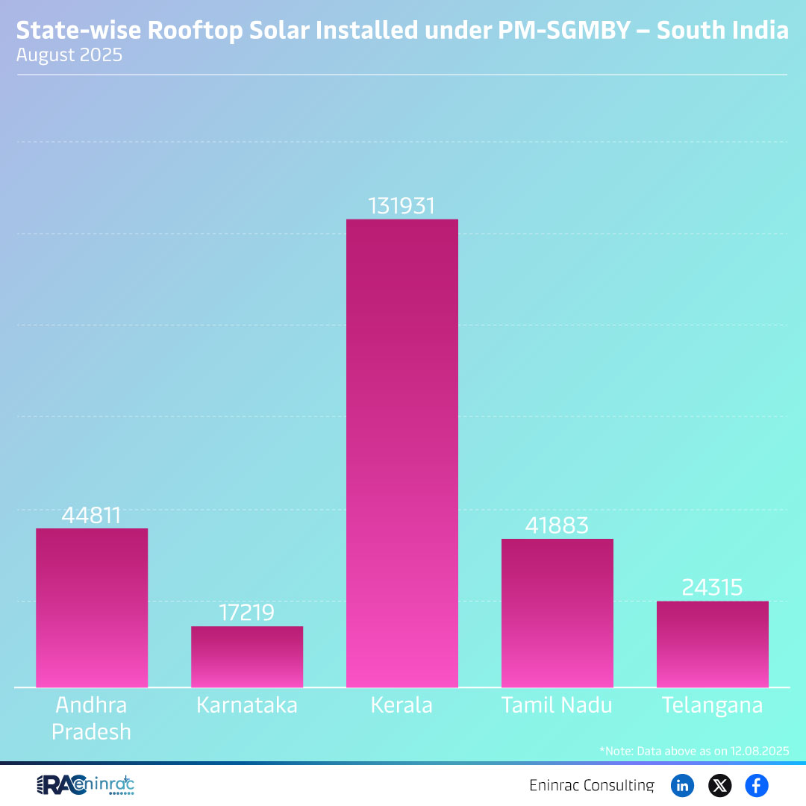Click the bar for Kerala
[402, 453]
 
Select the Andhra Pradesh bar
[92, 607]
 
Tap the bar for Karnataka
[247, 657]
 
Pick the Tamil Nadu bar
[557, 613]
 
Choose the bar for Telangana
[712, 644]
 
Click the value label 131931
[402, 206]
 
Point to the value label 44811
[92, 516]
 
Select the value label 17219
[247, 613]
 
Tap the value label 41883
[557, 525]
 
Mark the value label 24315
[712, 587]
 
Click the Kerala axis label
[402, 705]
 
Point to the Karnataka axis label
[247, 705]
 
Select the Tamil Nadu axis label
[557, 705]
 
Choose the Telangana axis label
[712, 705]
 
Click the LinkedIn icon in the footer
[682, 785]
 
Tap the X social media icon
[719, 785]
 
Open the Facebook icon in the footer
[757, 785]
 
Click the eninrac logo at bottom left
[85, 785]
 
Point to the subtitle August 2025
[69, 55]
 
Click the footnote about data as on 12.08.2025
[693, 750]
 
